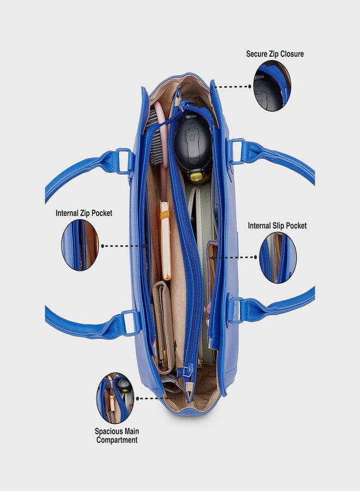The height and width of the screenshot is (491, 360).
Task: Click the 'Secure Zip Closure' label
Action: coord(275,54)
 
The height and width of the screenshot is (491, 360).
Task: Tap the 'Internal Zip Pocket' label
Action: coord(84,213)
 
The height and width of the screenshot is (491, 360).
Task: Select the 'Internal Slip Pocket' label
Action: coord(277,225)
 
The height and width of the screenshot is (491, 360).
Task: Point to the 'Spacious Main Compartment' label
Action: coord(116,435)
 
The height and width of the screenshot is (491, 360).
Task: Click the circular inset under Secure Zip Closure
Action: coord(272,86)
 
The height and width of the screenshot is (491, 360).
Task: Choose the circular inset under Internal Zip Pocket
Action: coord(80,245)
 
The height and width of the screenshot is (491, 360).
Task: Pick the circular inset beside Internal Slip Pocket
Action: coord(278,258)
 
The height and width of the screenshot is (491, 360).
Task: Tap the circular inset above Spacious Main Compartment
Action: coord(115,398)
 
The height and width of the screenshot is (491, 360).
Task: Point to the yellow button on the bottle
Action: coord(196,177)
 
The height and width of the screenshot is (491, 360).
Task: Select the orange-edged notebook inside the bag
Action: coord(165,241)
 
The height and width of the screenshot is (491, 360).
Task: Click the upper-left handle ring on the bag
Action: coord(124,161)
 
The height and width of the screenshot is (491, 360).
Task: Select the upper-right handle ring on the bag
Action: coord(237,152)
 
